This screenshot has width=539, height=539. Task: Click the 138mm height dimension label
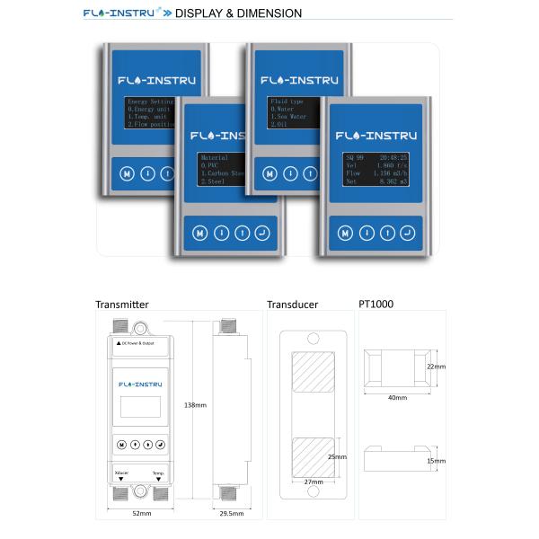[195, 405]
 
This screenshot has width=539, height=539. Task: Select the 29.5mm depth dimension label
[232, 513]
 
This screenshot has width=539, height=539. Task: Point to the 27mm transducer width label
[313, 482]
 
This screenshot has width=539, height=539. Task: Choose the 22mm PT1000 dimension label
[436, 367]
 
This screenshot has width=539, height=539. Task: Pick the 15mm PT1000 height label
[436, 461]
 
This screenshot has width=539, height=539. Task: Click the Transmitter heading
[122, 305]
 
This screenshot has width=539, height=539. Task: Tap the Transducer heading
[292, 305]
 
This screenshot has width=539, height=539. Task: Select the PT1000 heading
[376, 305]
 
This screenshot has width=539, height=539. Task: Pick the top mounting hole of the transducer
[314, 340]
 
